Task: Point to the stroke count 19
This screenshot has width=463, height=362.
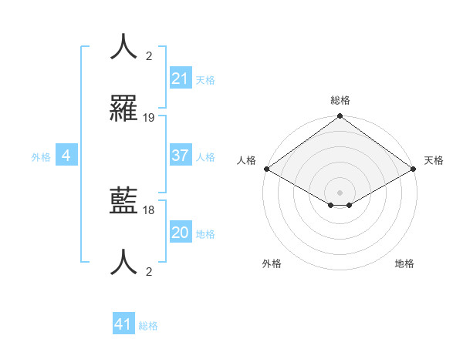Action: (x=149, y=118)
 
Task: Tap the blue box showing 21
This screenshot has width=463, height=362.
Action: (x=180, y=79)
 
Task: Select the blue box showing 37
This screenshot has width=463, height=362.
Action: (x=180, y=156)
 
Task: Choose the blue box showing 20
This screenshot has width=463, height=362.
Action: (x=180, y=233)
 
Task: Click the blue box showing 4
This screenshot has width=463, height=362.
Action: (x=66, y=156)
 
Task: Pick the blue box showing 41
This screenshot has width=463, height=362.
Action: (x=123, y=324)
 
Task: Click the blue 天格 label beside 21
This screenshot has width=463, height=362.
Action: (x=205, y=79)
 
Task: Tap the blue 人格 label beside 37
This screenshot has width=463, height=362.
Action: (x=205, y=156)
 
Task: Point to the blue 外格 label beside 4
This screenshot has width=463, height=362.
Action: (x=41, y=157)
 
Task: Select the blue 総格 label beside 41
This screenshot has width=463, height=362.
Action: (x=148, y=326)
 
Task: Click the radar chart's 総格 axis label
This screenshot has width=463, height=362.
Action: (x=340, y=100)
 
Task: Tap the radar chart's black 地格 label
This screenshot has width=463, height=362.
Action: (x=404, y=264)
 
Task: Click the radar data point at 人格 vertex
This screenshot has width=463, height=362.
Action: (x=266, y=169)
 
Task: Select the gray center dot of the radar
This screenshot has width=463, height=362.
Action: (x=340, y=192)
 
